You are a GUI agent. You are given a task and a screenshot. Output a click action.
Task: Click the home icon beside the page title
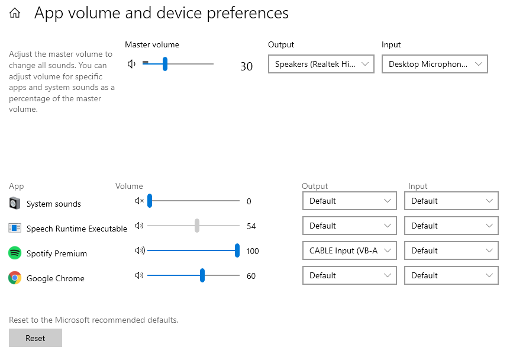point(15,13)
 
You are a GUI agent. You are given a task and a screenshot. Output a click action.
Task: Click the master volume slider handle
point(165,64)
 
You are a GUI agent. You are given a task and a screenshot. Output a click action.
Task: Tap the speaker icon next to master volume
point(131,64)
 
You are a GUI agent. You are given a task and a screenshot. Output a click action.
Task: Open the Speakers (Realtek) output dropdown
point(321,64)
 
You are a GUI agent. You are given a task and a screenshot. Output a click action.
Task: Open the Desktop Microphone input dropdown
point(434,64)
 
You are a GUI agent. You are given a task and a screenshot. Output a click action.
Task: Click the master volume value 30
point(246,66)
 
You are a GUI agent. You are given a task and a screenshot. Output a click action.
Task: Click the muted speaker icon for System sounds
point(140,201)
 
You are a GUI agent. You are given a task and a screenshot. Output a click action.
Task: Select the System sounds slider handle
point(150,201)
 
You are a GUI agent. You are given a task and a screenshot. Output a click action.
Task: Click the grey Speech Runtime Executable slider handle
point(197,226)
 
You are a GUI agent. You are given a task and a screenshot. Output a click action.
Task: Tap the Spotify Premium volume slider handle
point(237,250)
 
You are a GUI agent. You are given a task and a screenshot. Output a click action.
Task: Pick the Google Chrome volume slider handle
point(202,275)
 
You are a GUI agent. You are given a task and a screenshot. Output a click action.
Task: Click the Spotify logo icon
point(15,253)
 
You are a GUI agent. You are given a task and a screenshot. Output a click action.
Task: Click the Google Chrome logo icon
point(15,278)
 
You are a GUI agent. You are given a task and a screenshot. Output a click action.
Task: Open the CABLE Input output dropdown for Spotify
point(350,250)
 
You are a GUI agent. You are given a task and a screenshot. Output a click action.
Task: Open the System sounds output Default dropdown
point(350,201)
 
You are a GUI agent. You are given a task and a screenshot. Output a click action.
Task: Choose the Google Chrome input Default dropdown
point(451,275)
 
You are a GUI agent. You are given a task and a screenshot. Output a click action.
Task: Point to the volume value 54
point(251,226)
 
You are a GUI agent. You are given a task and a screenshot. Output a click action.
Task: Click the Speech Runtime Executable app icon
point(15,228)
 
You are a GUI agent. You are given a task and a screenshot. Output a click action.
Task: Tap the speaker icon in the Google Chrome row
point(140,275)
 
